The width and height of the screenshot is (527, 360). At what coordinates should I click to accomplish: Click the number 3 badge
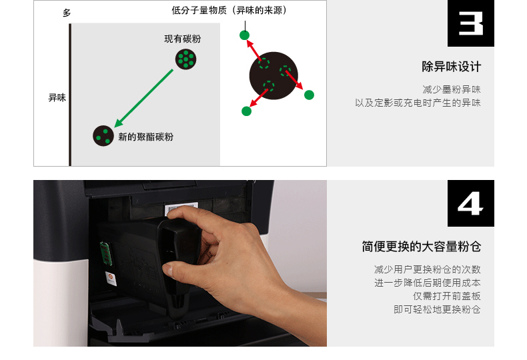[470, 23]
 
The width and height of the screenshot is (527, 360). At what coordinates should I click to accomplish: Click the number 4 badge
[470, 203]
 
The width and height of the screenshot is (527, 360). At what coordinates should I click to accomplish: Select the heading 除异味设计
[451, 67]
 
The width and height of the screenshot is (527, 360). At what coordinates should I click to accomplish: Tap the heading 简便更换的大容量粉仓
[421, 247]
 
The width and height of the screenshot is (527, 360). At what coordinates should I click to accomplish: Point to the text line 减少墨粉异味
[451, 89]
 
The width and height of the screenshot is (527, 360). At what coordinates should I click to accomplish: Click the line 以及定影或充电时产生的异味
[418, 103]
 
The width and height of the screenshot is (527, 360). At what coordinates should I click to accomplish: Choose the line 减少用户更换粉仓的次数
[427, 269]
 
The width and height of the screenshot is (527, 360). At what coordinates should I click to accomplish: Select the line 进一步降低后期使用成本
[427, 283]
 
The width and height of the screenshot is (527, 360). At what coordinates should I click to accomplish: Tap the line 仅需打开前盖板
[446, 296]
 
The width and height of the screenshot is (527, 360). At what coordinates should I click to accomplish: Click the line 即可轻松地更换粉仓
[437, 309]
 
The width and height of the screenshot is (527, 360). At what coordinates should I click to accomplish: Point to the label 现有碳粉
[182, 39]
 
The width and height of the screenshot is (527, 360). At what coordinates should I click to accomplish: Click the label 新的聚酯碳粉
[145, 137]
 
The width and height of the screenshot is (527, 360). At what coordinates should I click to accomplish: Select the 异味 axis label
[57, 98]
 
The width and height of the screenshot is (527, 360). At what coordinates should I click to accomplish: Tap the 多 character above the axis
[67, 13]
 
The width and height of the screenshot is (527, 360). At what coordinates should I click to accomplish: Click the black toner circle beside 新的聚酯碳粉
[103, 135]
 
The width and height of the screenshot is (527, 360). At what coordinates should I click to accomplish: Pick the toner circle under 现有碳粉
[185, 59]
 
